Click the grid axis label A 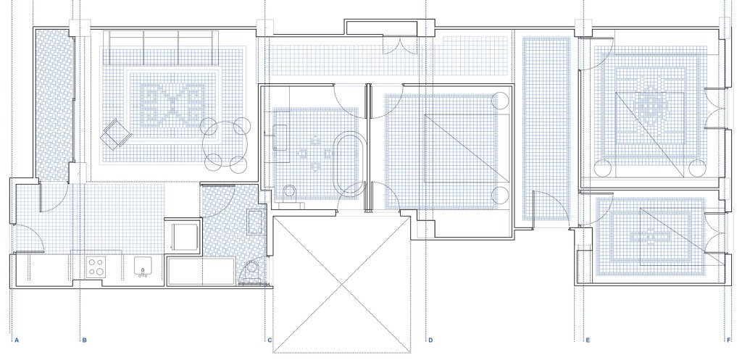[x=17, y=340]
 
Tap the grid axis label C [x=270, y=340]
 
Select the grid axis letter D [x=430, y=340]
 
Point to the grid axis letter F [x=729, y=340]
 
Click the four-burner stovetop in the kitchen [x=96, y=267]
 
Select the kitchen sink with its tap [x=143, y=267]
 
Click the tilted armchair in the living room [x=115, y=134]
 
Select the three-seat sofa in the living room [x=161, y=47]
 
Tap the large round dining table [x=222, y=145]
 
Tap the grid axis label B [x=84, y=340]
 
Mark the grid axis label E [x=588, y=340]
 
